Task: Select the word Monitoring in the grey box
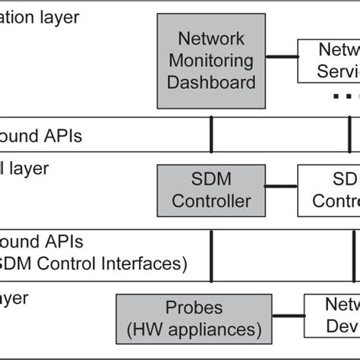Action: (x=212, y=59)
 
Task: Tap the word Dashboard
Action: (x=212, y=81)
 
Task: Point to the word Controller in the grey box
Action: (x=211, y=201)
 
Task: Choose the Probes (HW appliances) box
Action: (x=194, y=319)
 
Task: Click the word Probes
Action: (x=194, y=308)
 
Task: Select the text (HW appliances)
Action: (x=194, y=330)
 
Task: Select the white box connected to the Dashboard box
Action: (x=328, y=61)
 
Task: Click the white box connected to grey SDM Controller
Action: (x=328, y=191)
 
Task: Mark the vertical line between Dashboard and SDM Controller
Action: (x=211, y=135)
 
